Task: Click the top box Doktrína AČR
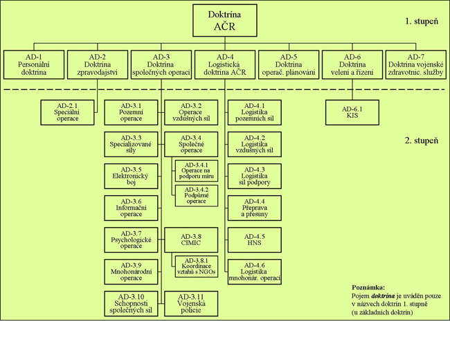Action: click(224, 21)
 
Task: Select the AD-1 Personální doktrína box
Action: click(34, 64)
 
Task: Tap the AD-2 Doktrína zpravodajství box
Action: click(98, 64)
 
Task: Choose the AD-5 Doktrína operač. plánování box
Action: click(289, 64)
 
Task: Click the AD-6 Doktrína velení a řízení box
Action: click(352, 64)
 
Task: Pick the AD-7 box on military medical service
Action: click(415, 64)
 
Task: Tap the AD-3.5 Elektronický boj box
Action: click(131, 177)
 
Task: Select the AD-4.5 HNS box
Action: click(254, 240)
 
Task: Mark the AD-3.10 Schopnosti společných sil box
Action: click(131, 303)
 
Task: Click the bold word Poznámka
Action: click(368, 287)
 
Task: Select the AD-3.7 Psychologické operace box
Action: click(131, 240)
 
